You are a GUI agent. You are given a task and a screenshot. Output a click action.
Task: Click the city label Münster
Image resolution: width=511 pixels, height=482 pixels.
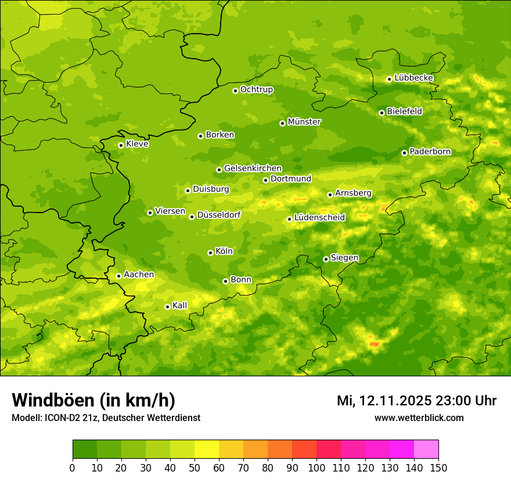click(x=304, y=122)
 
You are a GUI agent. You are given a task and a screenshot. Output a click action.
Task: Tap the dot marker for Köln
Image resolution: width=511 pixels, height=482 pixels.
click(x=210, y=253)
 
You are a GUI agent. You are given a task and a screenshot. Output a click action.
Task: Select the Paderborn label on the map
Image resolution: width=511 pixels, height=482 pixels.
click(x=430, y=152)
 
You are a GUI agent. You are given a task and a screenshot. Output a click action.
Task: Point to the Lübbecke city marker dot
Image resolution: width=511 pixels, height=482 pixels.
click(x=389, y=79)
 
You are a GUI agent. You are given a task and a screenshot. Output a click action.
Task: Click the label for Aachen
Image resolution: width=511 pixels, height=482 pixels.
click(x=139, y=275)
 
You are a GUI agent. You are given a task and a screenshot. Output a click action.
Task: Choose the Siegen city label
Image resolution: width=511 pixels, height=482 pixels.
click(x=344, y=258)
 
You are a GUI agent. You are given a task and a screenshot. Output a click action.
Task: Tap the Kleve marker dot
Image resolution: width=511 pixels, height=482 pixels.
click(x=121, y=145)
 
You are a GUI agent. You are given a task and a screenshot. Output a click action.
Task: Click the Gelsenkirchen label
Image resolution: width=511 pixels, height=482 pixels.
click(x=253, y=168)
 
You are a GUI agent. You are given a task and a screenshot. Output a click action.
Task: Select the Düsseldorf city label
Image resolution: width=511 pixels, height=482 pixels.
click(x=219, y=215)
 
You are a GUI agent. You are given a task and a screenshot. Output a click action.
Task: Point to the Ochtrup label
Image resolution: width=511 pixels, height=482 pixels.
click(x=257, y=89)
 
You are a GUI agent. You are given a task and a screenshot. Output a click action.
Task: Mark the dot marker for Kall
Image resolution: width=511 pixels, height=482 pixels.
click(x=167, y=307)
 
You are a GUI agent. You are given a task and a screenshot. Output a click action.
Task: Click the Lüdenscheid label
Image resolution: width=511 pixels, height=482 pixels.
click(x=320, y=218)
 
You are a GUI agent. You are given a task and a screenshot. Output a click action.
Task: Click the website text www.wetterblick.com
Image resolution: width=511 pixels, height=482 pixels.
click(x=419, y=418)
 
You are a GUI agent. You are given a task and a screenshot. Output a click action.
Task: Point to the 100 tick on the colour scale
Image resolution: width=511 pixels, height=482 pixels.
click(x=316, y=467)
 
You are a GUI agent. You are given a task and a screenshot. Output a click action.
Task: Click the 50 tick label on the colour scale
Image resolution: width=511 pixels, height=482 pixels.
click(x=195, y=467)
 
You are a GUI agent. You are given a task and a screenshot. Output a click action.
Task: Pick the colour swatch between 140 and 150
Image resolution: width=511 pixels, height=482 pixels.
click(x=426, y=449)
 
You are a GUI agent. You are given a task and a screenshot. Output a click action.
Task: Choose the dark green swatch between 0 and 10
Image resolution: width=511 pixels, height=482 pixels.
click(x=85, y=449)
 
